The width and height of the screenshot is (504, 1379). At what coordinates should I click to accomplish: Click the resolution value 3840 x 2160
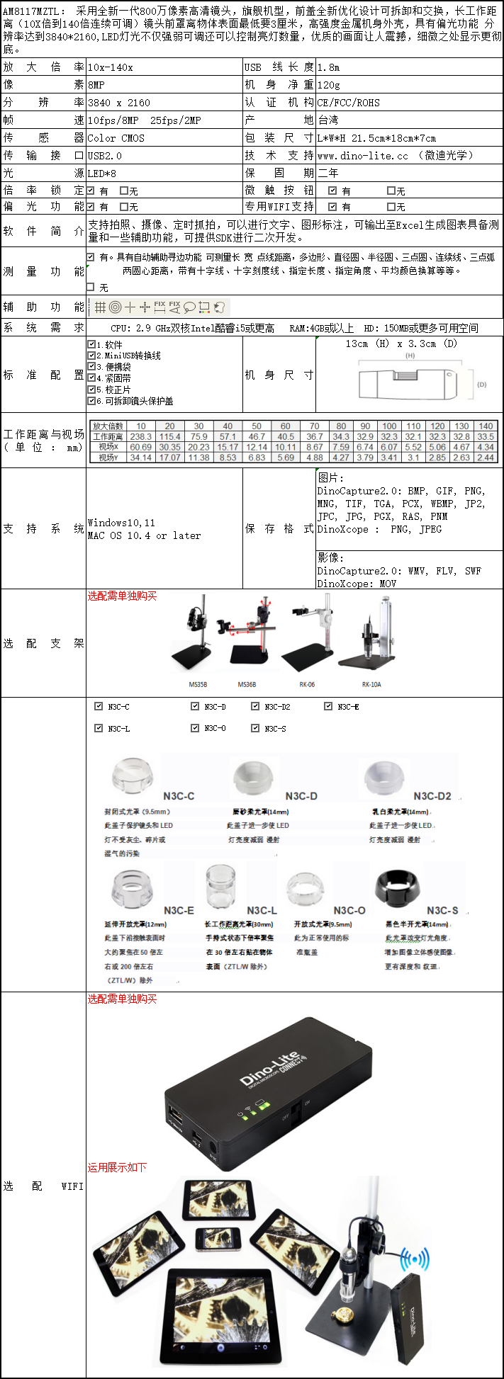(119, 103)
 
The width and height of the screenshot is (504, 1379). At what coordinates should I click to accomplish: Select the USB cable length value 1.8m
(328, 67)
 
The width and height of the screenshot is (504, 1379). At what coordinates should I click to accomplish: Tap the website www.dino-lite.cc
(363, 155)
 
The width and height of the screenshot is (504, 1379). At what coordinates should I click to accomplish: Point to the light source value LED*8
(102, 173)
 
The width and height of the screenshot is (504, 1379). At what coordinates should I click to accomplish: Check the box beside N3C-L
(99, 728)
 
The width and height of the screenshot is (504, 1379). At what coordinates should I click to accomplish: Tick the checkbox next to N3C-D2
(255, 706)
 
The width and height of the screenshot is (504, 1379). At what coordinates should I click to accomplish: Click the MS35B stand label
(198, 685)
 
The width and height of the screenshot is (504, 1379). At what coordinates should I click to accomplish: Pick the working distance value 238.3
(141, 437)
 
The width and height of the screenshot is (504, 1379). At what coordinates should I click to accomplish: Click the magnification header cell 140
(486, 426)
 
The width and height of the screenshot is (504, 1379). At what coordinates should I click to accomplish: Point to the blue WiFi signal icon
(414, 1260)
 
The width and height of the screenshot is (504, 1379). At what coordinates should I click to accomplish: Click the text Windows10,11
(121, 523)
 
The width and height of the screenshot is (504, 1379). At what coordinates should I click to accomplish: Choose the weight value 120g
(329, 85)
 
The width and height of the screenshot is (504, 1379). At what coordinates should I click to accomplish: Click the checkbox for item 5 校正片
(91, 389)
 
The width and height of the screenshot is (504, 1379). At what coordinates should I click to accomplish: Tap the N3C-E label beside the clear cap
(179, 910)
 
